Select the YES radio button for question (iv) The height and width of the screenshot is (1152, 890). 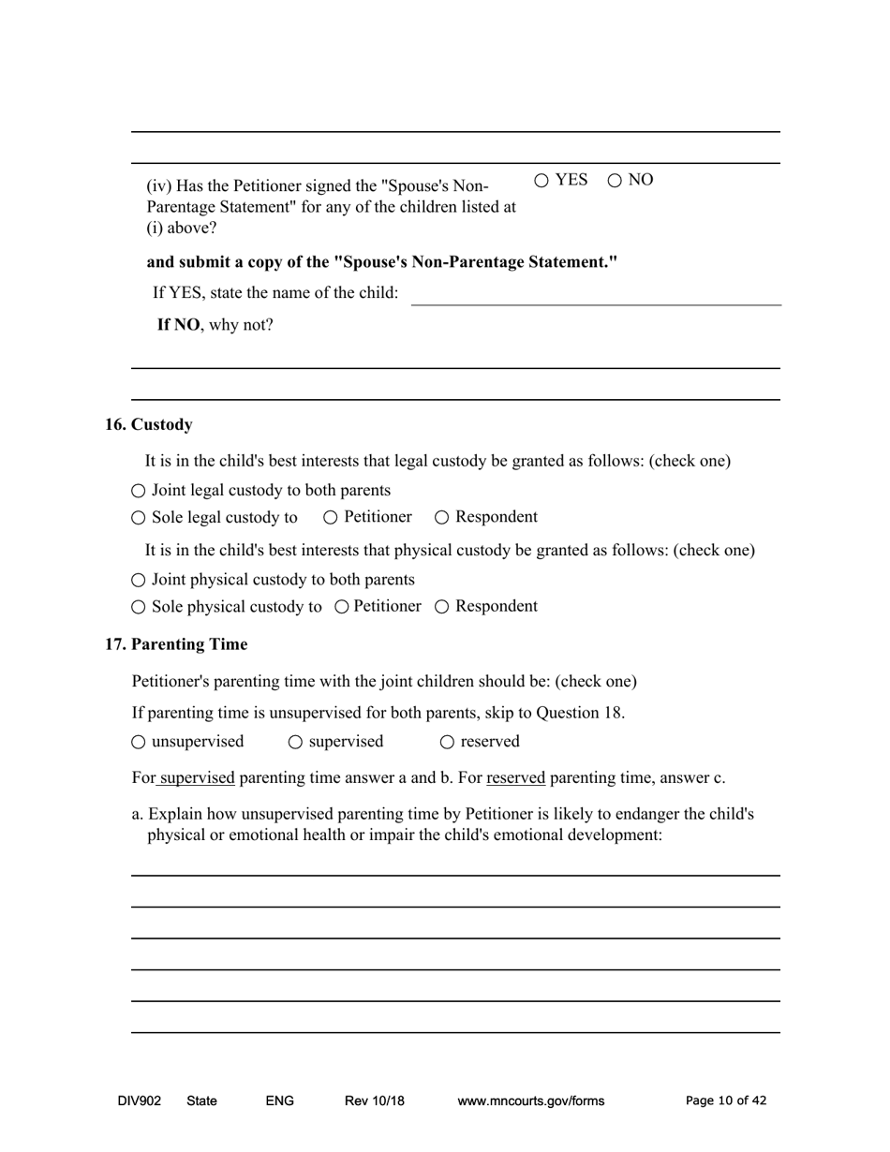click(542, 181)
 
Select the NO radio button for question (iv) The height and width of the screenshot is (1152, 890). click(616, 181)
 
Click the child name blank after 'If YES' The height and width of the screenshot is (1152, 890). click(596, 294)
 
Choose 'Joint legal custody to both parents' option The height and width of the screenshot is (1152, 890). click(139, 491)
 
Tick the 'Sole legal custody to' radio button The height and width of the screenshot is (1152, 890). click(139, 518)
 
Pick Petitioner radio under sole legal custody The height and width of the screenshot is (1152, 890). click(331, 518)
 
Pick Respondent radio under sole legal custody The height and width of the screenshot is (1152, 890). click(442, 518)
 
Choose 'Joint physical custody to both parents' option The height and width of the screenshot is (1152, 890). click(139, 581)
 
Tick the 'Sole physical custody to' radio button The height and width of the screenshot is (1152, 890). click(139, 607)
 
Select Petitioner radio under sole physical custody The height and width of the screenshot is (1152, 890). click(342, 607)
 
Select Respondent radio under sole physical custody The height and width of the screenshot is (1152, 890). click(442, 607)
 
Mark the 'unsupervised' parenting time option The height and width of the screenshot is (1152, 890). click(139, 743)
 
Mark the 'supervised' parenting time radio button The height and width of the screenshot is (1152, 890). click(296, 743)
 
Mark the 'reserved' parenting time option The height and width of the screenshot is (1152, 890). click(447, 743)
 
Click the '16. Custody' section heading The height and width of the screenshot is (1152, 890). click(149, 425)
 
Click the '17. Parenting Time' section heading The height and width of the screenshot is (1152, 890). click(176, 645)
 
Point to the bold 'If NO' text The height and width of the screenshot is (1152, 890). click(178, 325)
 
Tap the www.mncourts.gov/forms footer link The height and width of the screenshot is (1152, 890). click(530, 1101)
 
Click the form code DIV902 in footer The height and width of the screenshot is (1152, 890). click(139, 1101)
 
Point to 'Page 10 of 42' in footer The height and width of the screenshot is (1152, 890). click(726, 1101)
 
